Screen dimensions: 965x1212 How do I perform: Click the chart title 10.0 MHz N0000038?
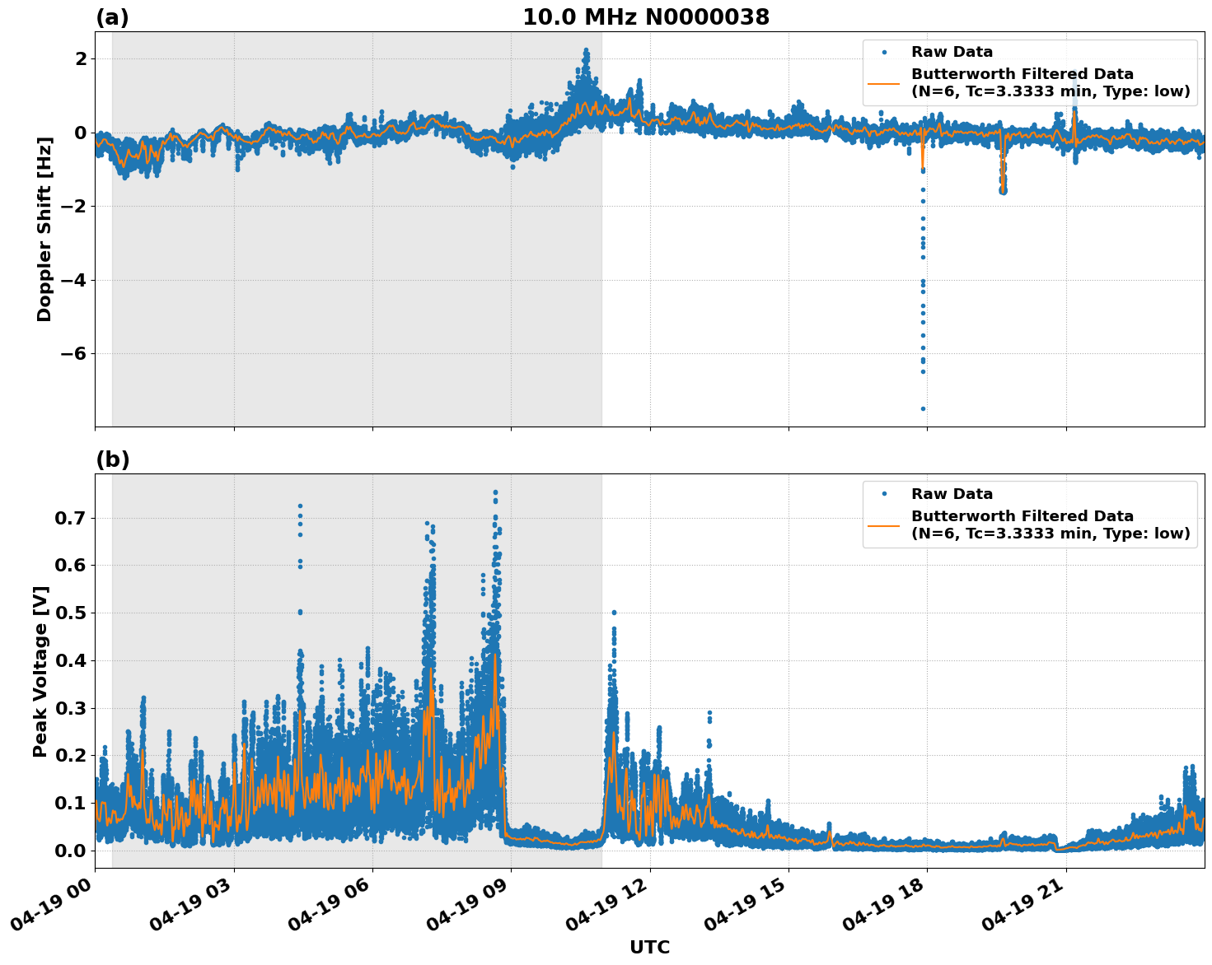(646, 17)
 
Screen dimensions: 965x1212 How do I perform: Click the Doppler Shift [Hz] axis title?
(44, 229)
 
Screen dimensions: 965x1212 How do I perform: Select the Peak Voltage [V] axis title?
(41, 671)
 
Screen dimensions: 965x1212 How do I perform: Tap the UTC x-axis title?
(649, 948)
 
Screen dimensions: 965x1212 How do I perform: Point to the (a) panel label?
(112, 17)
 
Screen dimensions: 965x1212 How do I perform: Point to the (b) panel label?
(112, 459)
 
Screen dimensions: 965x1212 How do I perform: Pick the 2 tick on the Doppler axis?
(81, 59)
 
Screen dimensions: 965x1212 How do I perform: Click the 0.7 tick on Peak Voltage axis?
(70, 519)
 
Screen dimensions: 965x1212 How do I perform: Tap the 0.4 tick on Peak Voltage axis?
(70, 661)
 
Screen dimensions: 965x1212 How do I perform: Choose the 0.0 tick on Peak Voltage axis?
(70, 851)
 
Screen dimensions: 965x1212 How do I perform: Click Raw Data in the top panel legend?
(952, 53)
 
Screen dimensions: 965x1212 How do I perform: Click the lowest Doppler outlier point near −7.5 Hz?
(923, 408)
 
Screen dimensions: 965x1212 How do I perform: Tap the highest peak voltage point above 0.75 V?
(495, 492)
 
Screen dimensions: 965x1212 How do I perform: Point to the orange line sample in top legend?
(884, 83)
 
